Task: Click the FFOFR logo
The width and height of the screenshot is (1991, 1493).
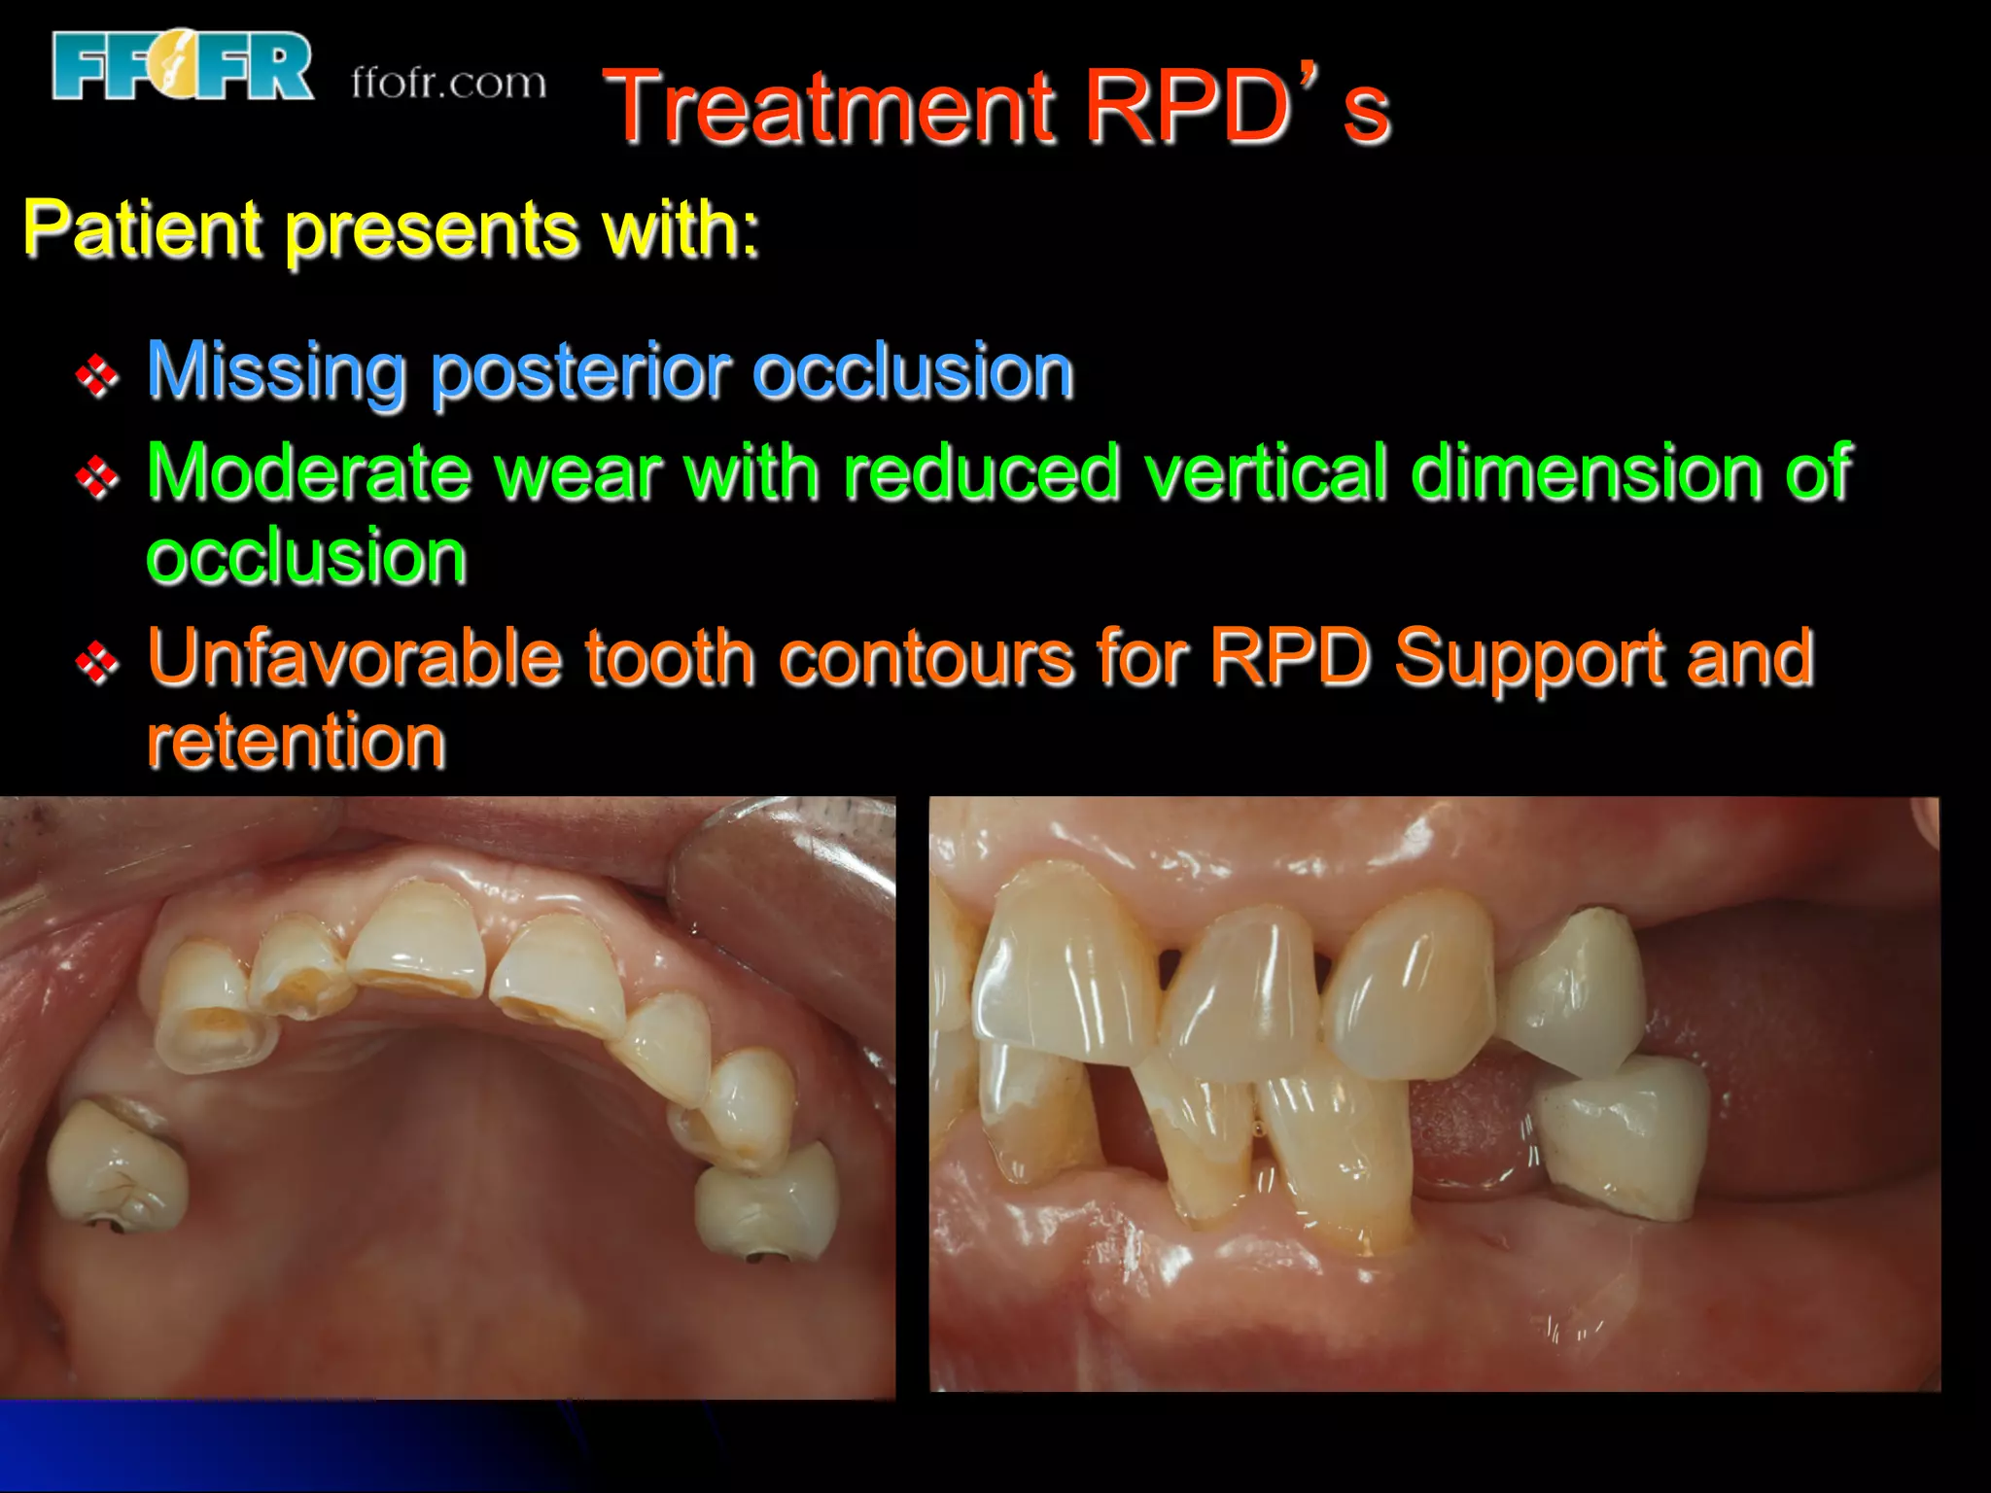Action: (x=183, y=66)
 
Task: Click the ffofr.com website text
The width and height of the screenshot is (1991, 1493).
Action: (x=448, y=84)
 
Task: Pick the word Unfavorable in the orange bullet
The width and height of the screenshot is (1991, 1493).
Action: (x=354, y=658)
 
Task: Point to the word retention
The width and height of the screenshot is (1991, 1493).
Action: (x=297, y=743)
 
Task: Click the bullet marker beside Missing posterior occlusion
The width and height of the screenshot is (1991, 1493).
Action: (x=97, y=375)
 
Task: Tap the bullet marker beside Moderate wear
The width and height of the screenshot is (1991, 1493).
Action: (x=97, y=476)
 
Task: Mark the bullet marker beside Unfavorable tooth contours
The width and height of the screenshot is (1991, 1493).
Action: (x=97, y=663)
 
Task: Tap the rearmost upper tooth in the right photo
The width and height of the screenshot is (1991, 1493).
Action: (x=1573, y=991)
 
